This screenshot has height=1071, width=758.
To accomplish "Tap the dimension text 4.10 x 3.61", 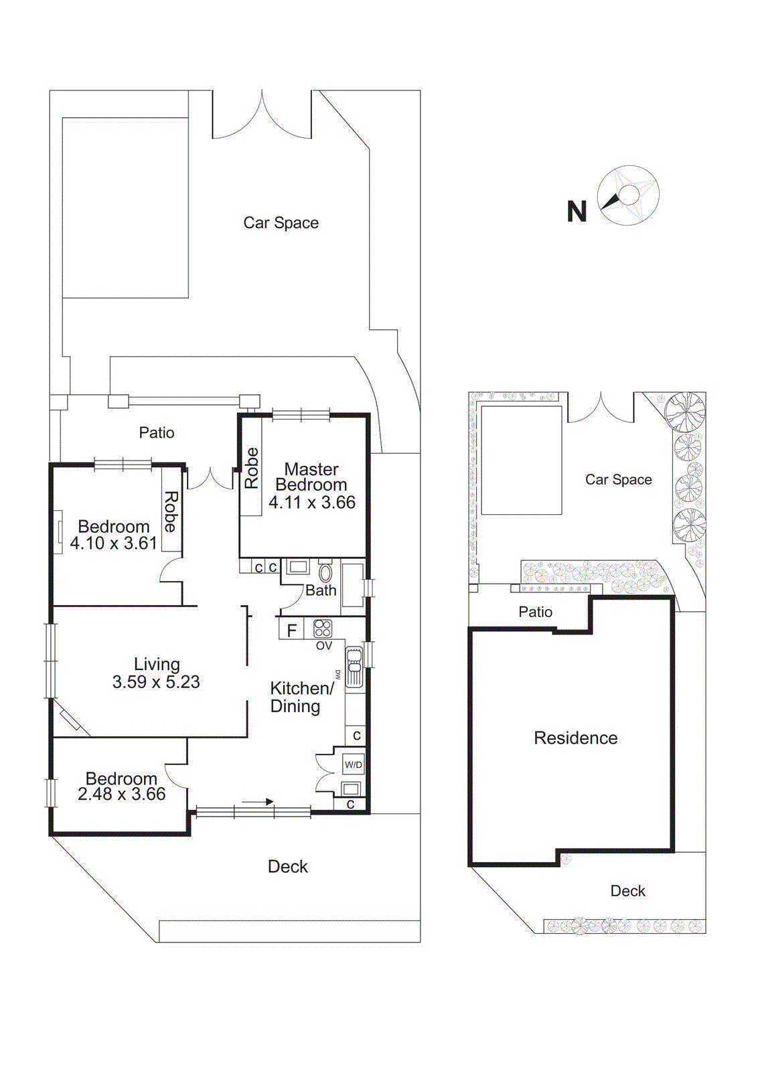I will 113,543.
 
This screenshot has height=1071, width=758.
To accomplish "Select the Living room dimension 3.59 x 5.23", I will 156,682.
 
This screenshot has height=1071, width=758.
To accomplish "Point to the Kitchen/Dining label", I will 301,697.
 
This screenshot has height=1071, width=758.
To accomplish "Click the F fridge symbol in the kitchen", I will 291,630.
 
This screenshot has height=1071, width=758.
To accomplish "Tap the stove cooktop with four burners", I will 323,628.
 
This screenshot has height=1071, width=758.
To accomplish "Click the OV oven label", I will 323,646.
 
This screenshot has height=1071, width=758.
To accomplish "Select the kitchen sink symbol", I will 354,667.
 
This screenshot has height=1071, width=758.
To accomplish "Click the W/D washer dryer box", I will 353,764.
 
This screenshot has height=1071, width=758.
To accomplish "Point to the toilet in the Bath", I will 325,573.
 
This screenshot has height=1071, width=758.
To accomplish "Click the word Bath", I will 321,590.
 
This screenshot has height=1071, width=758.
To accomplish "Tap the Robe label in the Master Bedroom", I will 252,468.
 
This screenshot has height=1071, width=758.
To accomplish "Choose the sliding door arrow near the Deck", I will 258,801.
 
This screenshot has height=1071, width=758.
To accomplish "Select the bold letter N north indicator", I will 577,212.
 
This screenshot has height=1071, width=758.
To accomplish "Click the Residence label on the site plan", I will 575,738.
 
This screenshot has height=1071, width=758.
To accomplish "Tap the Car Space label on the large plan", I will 281,223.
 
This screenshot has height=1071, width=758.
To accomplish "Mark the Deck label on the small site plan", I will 627,891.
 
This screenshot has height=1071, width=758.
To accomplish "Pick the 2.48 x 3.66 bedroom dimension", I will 121,795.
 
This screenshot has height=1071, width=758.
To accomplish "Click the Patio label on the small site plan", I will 535,612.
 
